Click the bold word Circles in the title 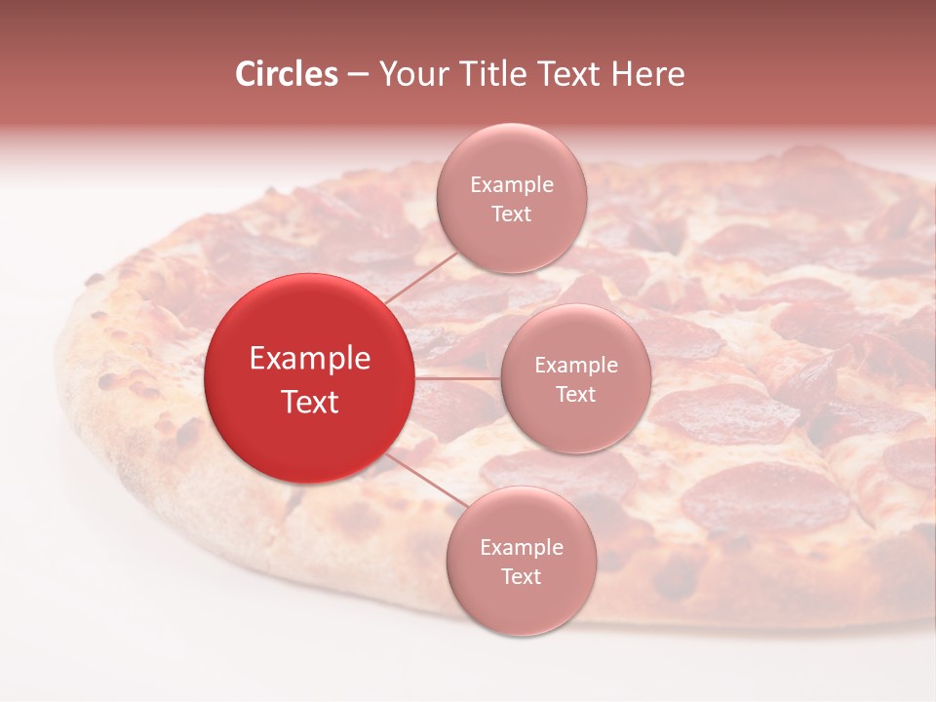[287, 74]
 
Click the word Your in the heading [410, 74]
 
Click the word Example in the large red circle [310, 359]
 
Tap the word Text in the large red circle [310, 401]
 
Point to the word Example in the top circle [511, 185]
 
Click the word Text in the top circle [511, 214]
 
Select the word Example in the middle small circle [576, 366]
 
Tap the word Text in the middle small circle [576, 394]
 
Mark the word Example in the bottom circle [521, 548]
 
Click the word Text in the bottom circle [521, 576]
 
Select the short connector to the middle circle [458, 377]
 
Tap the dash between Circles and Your [358, 75]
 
